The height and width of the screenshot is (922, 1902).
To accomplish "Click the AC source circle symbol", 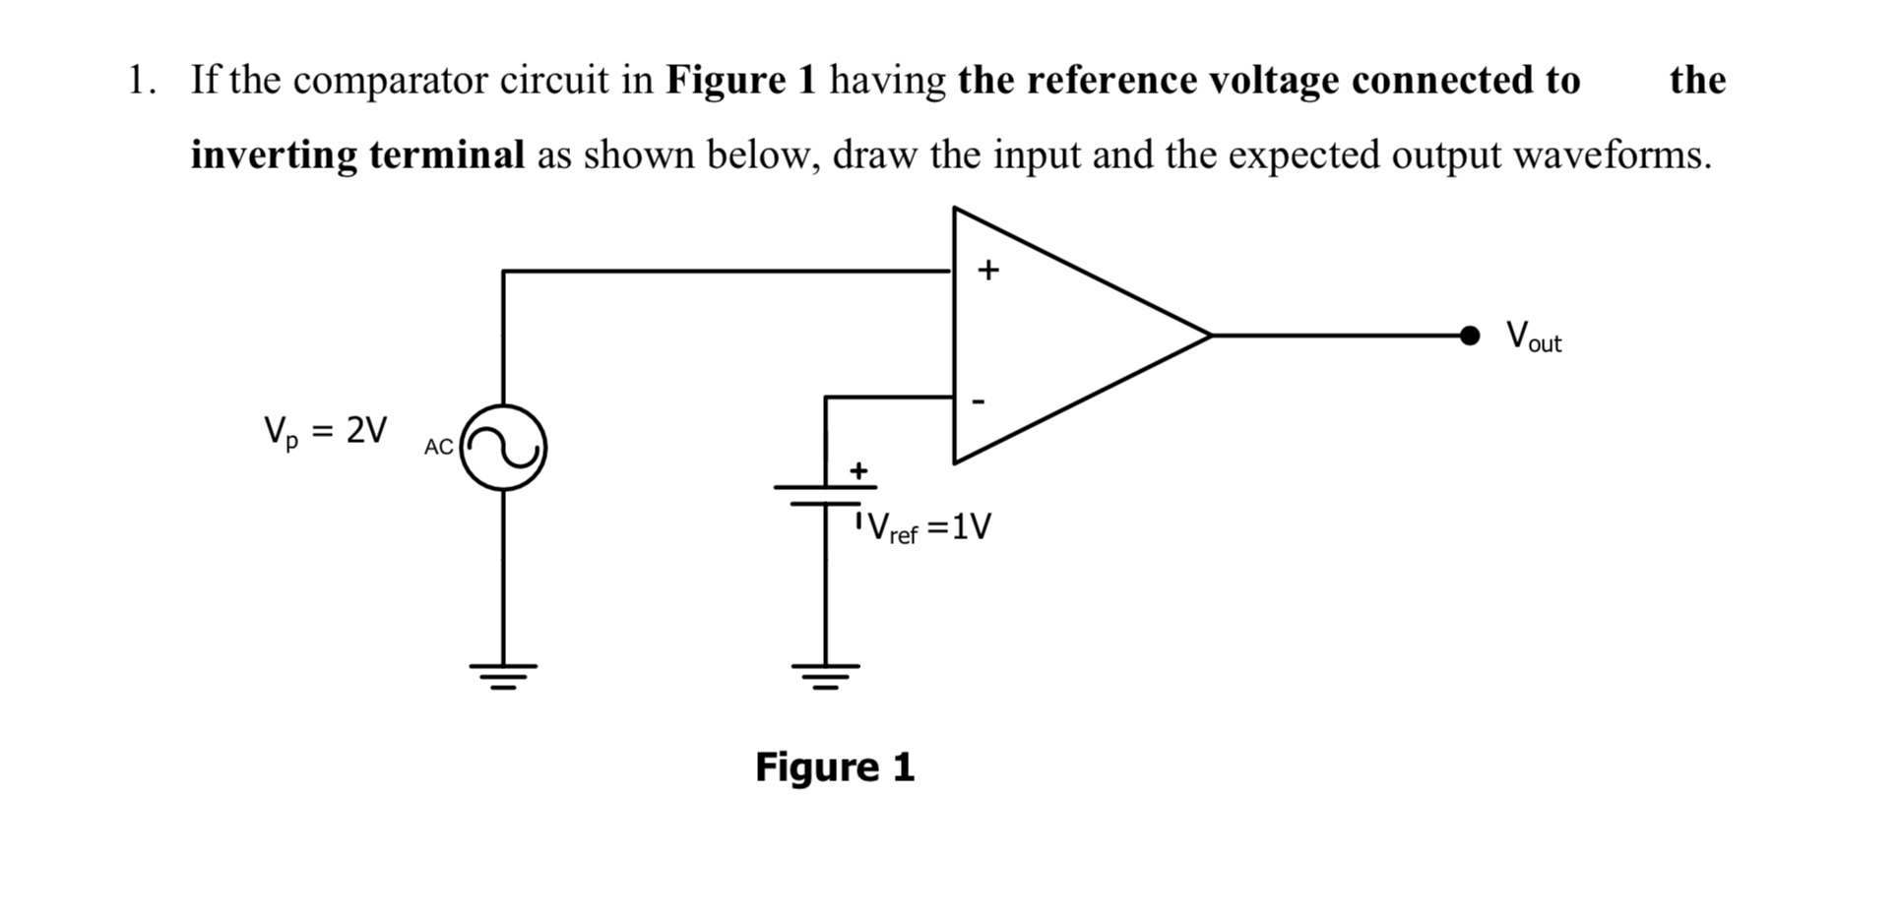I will point(503,448).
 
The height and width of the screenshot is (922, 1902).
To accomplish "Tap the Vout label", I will point(1533,338).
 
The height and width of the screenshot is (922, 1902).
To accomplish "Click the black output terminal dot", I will point(1469,336).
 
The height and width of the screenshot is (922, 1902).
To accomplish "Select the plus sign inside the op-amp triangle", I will point(987,270).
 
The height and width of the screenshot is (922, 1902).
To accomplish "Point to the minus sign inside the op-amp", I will point(978,401).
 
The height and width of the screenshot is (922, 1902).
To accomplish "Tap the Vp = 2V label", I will point(325,432).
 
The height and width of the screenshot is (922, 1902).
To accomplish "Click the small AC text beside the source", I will point(438,447).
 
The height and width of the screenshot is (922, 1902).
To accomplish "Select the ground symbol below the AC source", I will point(503,675).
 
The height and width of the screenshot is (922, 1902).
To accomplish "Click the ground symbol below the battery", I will point(825,675).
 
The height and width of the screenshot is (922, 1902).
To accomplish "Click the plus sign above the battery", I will point(858,470).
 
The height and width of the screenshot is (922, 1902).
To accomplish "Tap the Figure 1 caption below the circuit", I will point(834,767).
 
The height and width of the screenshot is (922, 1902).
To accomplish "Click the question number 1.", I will point(140,81).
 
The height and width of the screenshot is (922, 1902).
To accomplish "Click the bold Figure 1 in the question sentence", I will point(741,81).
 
